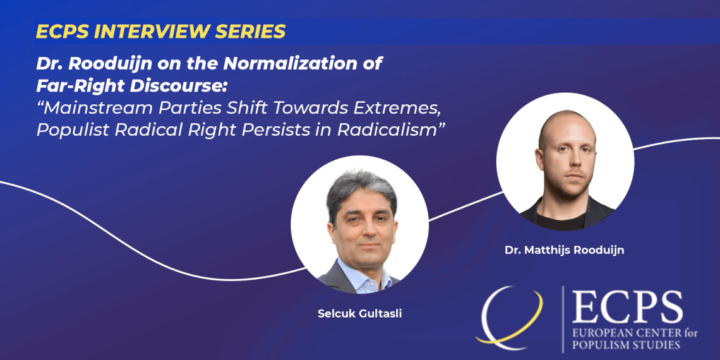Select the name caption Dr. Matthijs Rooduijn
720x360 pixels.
(x=565, y=251)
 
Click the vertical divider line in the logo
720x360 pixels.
(x=563, y=320)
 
